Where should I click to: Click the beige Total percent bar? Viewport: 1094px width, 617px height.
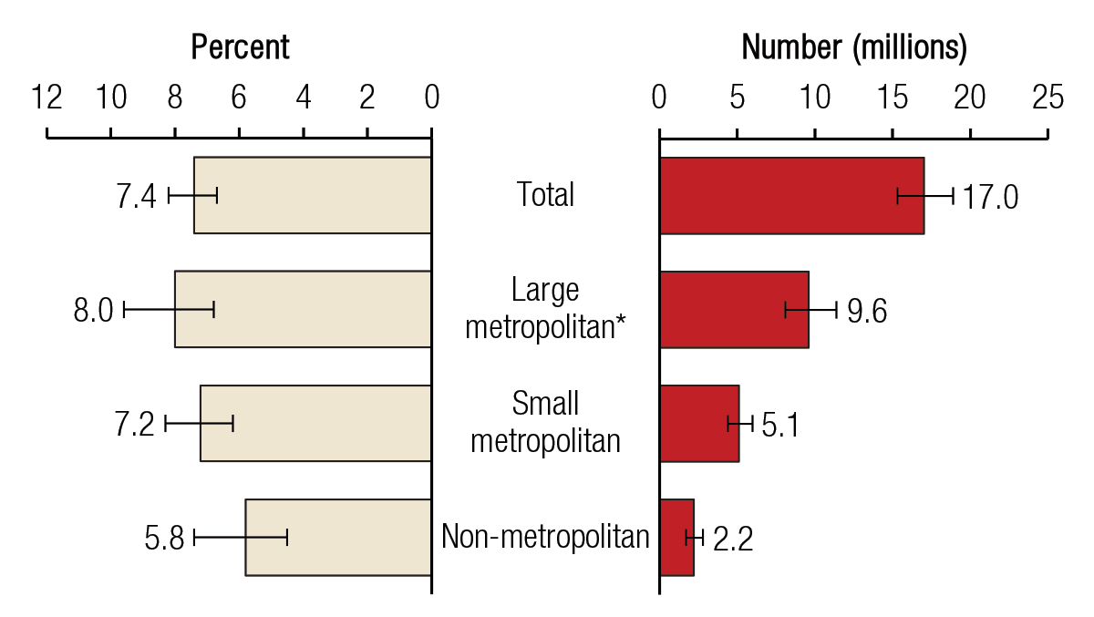tap(310, 195)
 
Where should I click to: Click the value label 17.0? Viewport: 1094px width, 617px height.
tap(990, 197)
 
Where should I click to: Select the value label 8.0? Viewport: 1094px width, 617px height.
tap(93, 311)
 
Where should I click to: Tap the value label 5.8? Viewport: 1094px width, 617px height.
tap(164, 539)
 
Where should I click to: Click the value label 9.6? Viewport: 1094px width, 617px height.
tap(866, 311)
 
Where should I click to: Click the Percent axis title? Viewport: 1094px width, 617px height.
tap(240, 46)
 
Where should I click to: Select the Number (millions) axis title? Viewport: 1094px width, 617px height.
tap(853, 46)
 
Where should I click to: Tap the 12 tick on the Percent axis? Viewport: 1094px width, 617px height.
tap(46, 98)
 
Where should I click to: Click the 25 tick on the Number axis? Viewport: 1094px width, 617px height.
tap(1048, 98)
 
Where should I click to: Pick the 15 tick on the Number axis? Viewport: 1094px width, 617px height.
tap(893, 98)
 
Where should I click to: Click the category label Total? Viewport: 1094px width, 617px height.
tap(545, 194)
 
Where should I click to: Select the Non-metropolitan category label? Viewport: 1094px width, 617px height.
tap(545, 537)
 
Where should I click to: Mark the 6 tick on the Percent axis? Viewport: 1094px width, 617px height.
tap(239, 98)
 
